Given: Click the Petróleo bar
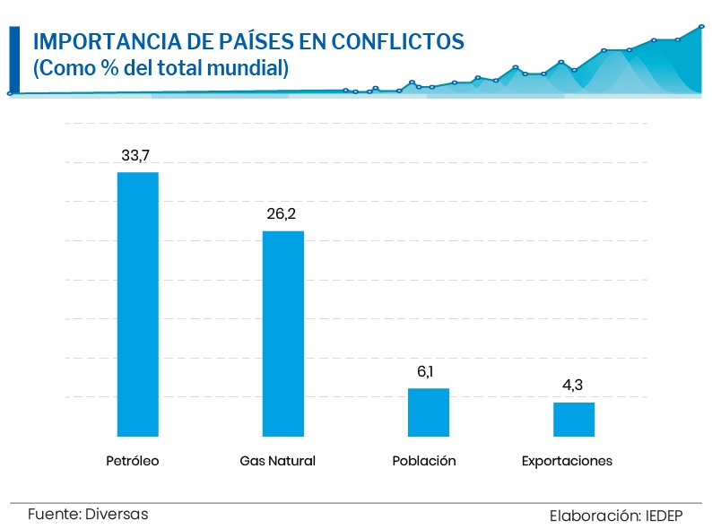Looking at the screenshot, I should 138,304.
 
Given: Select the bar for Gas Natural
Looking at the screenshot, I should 283,334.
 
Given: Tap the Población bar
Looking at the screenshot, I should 428,412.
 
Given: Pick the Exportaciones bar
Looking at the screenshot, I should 573,419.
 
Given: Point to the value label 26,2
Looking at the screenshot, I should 282,215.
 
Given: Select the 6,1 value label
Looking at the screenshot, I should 427,372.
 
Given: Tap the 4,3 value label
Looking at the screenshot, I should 573,386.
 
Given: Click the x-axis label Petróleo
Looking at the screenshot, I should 132,462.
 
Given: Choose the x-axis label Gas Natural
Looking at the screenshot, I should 278,462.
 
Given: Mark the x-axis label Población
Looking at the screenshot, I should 424,462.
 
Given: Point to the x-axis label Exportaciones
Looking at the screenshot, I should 567,462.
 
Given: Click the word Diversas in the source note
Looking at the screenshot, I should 117,515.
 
